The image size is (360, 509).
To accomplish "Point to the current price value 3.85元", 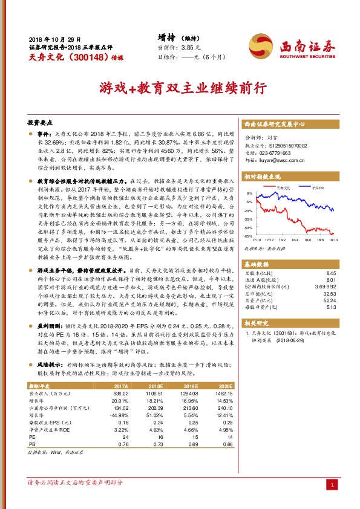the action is [191, 47].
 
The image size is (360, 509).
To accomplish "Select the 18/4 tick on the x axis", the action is [299, 241].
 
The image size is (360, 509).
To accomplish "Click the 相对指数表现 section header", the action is [263, 177].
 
